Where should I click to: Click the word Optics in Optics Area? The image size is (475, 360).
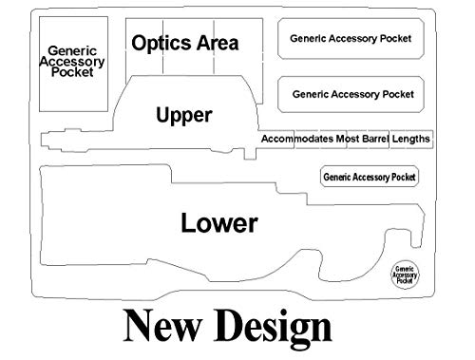161,43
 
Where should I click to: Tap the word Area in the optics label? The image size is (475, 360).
218,43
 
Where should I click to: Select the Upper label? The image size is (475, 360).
184,115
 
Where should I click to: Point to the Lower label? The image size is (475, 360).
219,223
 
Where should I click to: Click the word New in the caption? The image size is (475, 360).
162,326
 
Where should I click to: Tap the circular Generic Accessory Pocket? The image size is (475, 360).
405,275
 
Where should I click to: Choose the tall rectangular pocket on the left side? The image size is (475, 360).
73,64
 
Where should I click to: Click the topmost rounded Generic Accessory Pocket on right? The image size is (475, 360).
351,39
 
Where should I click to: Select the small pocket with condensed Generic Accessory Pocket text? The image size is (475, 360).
370,177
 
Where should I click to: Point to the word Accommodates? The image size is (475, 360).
297,139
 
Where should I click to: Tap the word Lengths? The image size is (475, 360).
410,139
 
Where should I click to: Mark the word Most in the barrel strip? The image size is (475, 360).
348,139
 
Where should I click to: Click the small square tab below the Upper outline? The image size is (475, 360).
250,154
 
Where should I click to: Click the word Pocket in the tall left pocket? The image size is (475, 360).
72,72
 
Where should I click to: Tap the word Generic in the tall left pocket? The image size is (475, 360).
72,50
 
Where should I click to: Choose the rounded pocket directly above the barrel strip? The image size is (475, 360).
351,94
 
